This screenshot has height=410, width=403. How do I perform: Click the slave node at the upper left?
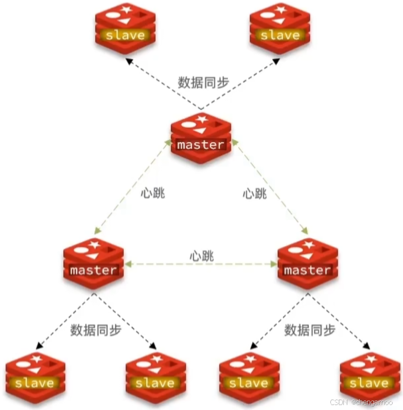pyautogui.click(x=125, y=27)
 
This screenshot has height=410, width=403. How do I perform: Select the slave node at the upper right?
pyautogui.click(x=280, y=27)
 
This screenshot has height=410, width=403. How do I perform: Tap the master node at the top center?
pyautogui.click(x=201, y=138)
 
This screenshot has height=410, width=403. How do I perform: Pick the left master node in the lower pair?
pyautogui.click(x=94, y=263)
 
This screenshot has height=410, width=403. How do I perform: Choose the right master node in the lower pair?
pyautogui.click(x=307, y=263)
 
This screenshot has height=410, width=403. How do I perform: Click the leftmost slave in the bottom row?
pyautogui.click(x=35, y=376)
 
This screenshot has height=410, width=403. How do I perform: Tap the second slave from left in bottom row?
pyautogui.click(x=155, y=376)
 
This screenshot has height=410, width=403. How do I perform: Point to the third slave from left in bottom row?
pyautogui.click(x=249, y=376)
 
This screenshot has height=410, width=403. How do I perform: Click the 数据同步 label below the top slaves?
pyautogui.click(x=203, y=82)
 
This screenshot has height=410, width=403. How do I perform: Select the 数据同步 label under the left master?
pyautogui.click(x=96, y=330)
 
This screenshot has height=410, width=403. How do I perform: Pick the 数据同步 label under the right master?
pyautogui.click(x=309, y=330)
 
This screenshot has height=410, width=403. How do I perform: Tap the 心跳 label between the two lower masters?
pyautogui.click(x=201, y=256)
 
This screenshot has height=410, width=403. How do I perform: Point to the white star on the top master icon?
pyautogui.click(x=202, y=119)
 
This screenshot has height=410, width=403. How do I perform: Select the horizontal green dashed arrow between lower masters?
pyautogui.click(x=201, y=264)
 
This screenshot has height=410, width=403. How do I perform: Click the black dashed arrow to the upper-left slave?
pyautogui.click(x=162, y=82)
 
